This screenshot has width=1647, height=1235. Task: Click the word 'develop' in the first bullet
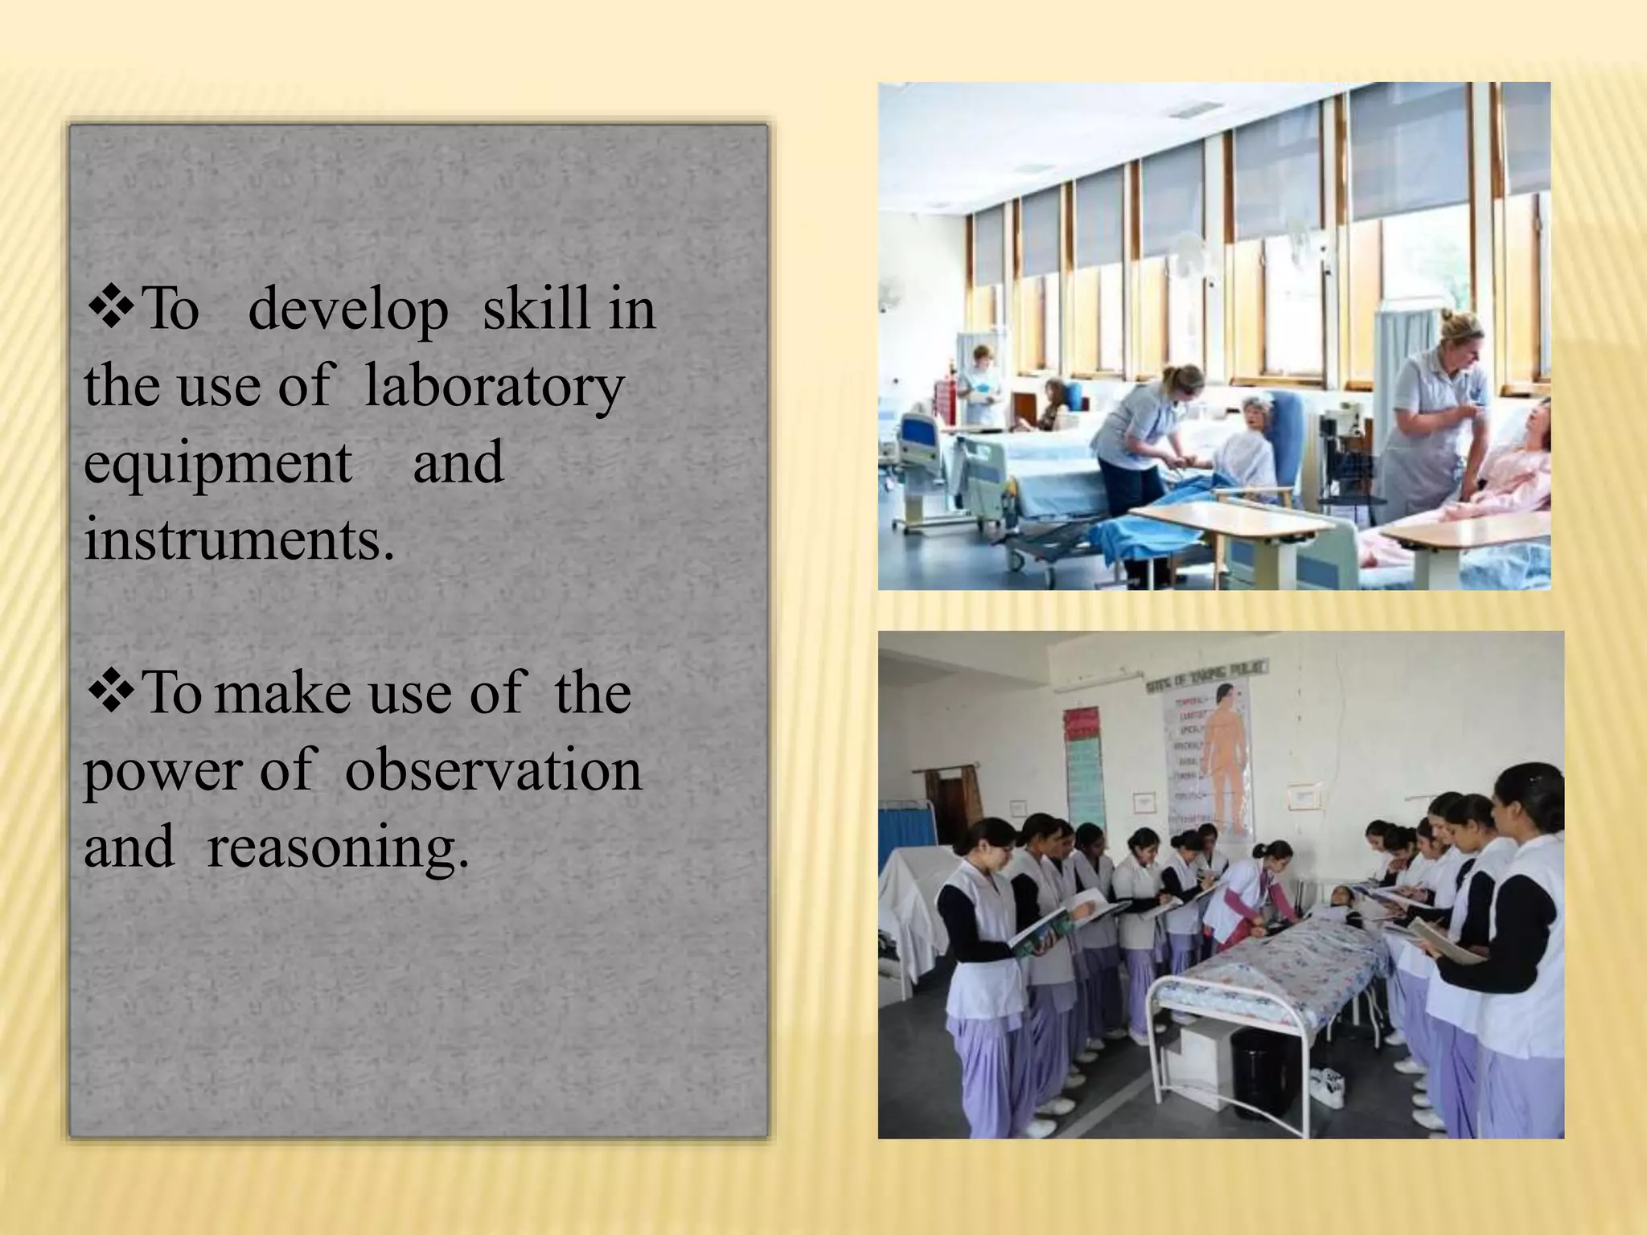pyautogui.click(x=347, y=310)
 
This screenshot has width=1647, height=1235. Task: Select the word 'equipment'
pyautogui.click(x=217, y=464)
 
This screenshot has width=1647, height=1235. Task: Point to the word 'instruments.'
pyautogui.click(x=239, y=540)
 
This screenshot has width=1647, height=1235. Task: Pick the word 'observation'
pyautogui.click(x=493, y=770)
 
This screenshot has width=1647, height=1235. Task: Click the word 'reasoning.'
pyautogui.click(x=337, y=847)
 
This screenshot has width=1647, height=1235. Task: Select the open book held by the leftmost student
pyautogui.click(x=1041, y=933)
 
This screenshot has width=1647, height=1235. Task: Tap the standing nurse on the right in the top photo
pyautogui.click(x=1440, y=418)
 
